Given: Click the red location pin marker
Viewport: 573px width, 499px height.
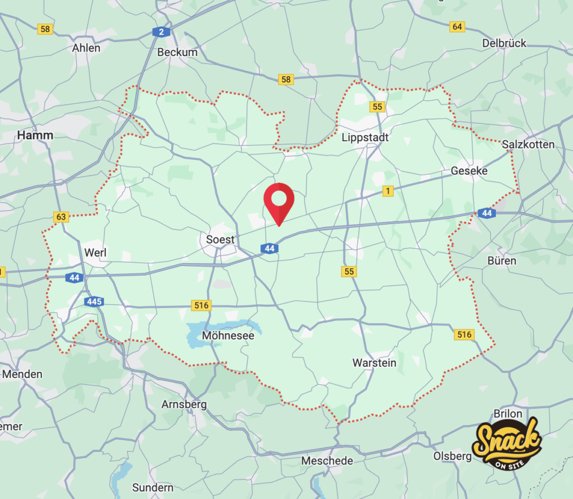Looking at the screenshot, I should click(x=279, y=202).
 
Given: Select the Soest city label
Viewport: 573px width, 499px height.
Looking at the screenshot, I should click(x=220, y=240).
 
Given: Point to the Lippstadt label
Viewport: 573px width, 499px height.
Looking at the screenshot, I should click(x=365, y=137).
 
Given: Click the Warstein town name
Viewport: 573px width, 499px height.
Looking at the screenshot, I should click(x=374, y=363).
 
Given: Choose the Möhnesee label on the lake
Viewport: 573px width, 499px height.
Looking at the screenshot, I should click(x=228, y=336).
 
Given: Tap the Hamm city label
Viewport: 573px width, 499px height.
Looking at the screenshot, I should click(x=35, y=136).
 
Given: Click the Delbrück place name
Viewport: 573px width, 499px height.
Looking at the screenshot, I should click(x=504, y=43).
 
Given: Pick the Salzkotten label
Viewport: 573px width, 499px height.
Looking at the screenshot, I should click(x=528, y=144).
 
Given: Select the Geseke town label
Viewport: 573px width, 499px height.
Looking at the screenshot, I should click(x=469, y=171).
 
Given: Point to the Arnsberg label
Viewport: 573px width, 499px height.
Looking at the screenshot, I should click(x=184, y=404).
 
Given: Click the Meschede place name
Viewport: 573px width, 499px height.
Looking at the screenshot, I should click(x=327, y=461).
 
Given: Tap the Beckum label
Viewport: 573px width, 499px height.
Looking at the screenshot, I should click(x=177, y=52).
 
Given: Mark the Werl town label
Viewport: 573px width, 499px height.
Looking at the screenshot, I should click(x=95, y=253).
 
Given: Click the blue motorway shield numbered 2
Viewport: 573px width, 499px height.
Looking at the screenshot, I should click(x=161, y=32).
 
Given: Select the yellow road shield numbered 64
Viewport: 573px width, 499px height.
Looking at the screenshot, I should click(x=457, y=27).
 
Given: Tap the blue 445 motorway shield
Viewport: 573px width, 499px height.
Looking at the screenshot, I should click(x=94, y=302).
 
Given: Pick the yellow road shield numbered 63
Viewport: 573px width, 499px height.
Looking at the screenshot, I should click(x=61, y=216).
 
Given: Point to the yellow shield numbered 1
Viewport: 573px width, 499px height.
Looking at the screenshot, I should click(x=387, y=192).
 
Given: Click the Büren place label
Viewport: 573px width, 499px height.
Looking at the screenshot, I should click(x=502, y=261).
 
